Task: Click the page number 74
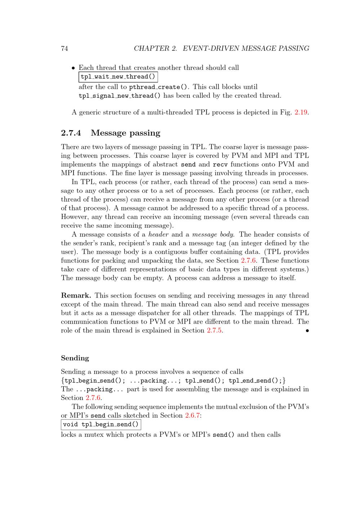(64, 49)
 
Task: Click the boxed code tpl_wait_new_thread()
(118, 77)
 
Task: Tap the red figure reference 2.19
(301, 112)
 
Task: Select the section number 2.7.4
(71, 133)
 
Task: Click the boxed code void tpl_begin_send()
(101, 425)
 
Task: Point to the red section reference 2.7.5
(215, 331)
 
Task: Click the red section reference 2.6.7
(193, 416)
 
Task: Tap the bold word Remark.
(76, 296)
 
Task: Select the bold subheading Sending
(75, 358)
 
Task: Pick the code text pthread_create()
(159, 87)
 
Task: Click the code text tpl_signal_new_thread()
(120, 96)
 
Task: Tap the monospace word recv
(220, 165)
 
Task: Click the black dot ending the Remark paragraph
(307, 331)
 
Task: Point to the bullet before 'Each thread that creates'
(73, 68)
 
